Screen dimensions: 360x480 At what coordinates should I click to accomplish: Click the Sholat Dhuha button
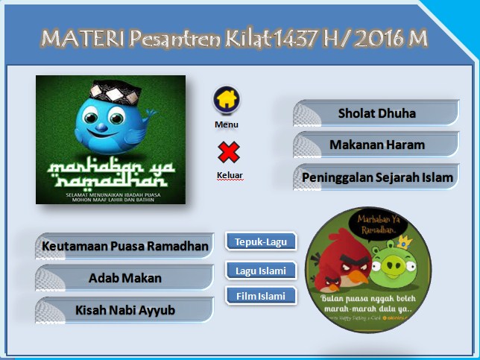(x=376, y=113)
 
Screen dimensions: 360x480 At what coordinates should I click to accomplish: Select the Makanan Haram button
(x=376, y=145)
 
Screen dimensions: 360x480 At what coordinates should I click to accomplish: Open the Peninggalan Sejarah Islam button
(x=376, y=177)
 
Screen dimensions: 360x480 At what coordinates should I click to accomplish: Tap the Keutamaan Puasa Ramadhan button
(x=124, y=246)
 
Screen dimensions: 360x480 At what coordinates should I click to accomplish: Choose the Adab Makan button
(x=124, y=278)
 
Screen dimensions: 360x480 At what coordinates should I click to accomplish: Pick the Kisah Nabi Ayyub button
(x=124, y=310)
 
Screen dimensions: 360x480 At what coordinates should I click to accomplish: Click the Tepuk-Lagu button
(x=261, y=241)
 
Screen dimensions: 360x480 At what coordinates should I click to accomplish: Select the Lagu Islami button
(x=261, y=270)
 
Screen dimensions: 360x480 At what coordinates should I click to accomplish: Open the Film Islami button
(x=261, y=296)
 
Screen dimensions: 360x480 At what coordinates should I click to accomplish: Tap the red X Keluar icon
(x=228, y=152)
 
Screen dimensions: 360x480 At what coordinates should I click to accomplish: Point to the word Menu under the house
(x=227, y=124)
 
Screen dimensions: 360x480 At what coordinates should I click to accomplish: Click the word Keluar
(x=230, y=176)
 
